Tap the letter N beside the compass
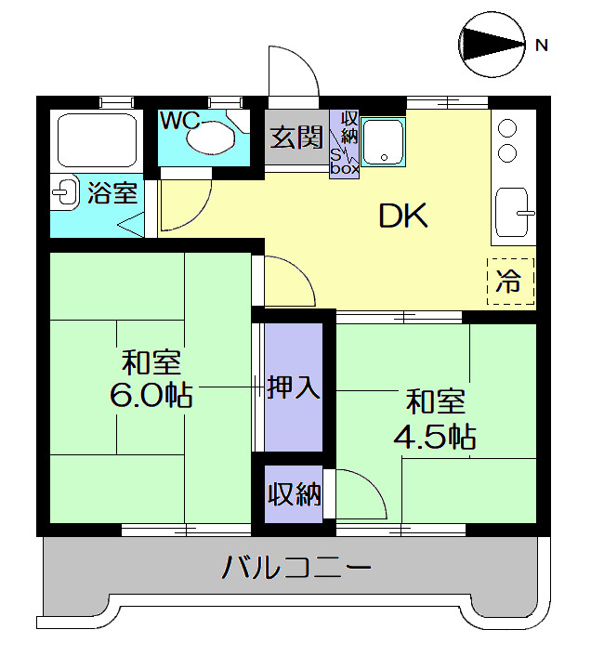[x=541, y=44]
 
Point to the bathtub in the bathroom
[x=97, y=140]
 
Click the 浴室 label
[x=112, y=193]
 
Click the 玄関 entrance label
[x=296, y=138]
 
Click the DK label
[x=401, y=216]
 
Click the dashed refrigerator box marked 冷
[x=510, y=282]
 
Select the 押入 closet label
[x=294, y=387]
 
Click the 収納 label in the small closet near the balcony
[x=295, y=494]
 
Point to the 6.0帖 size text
[x=151, y=396]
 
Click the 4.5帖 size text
[x=435, y=434]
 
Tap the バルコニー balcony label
[x=296, y=566]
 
